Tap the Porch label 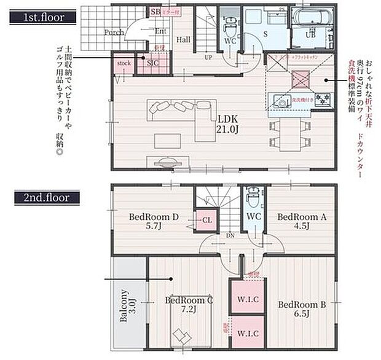pos(114,32)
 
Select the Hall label pos(183,39)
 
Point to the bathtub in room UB pos(312,19)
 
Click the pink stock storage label pos(124,63)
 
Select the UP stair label pos(208,57)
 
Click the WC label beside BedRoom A pos(254,217)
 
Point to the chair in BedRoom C pos(183,337)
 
